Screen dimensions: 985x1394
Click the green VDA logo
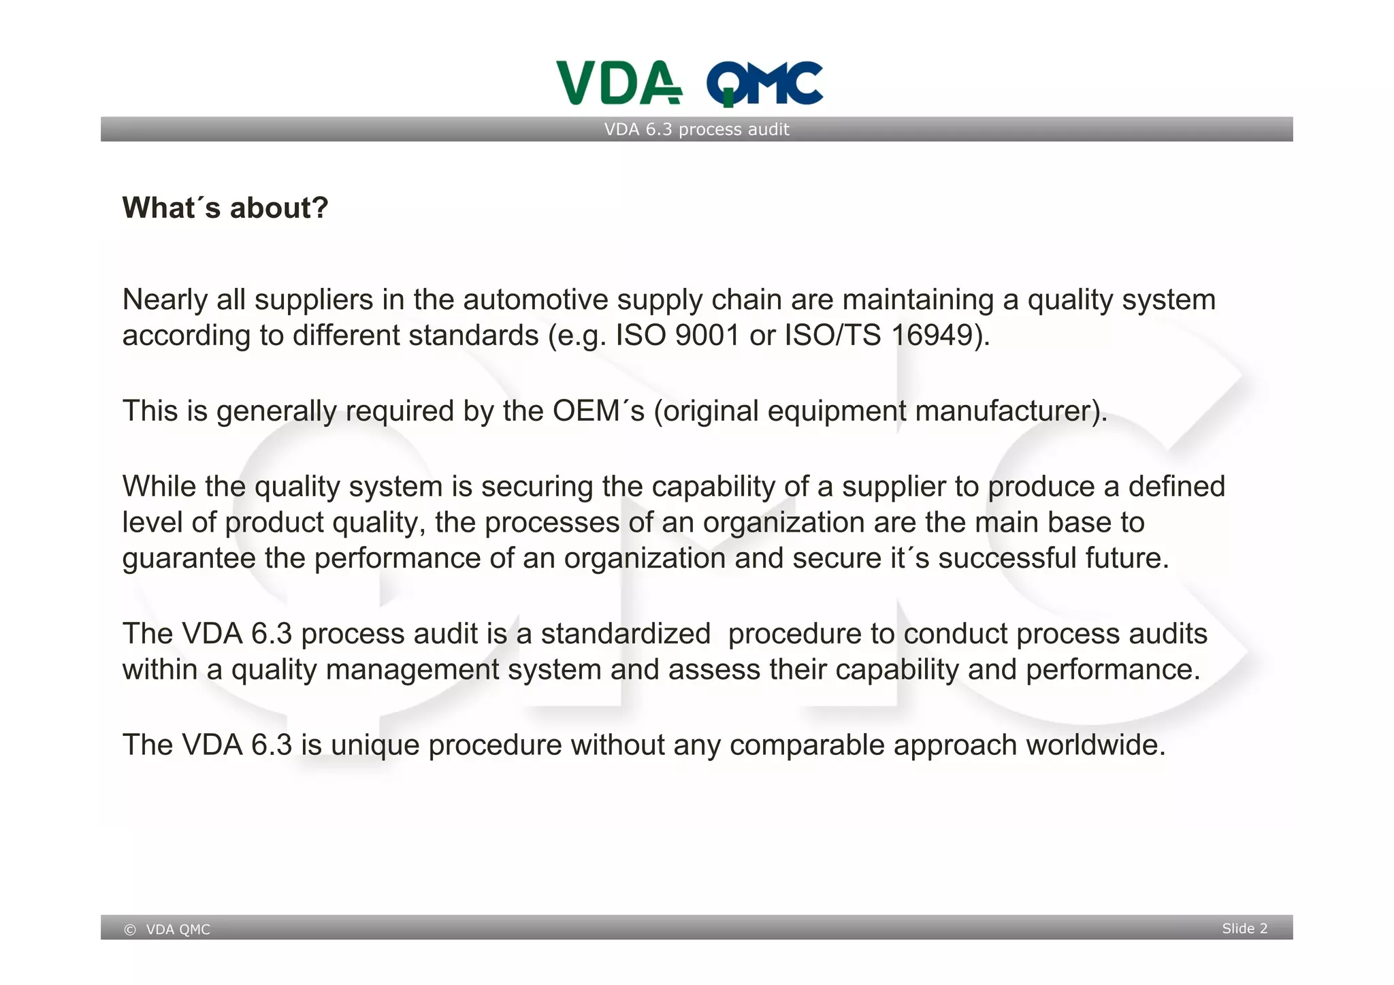[618, 83]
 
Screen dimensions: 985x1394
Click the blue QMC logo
[764, 84]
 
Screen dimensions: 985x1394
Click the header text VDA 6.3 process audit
[696, 129]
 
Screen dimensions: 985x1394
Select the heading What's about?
[225, 208]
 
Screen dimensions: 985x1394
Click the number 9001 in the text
[707, 336]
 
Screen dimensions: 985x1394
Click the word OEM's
[598, 411]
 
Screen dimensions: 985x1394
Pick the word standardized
[626, 634]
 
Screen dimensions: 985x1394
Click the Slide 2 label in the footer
[1244, 929]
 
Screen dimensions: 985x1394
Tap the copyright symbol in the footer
[130, 930]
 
